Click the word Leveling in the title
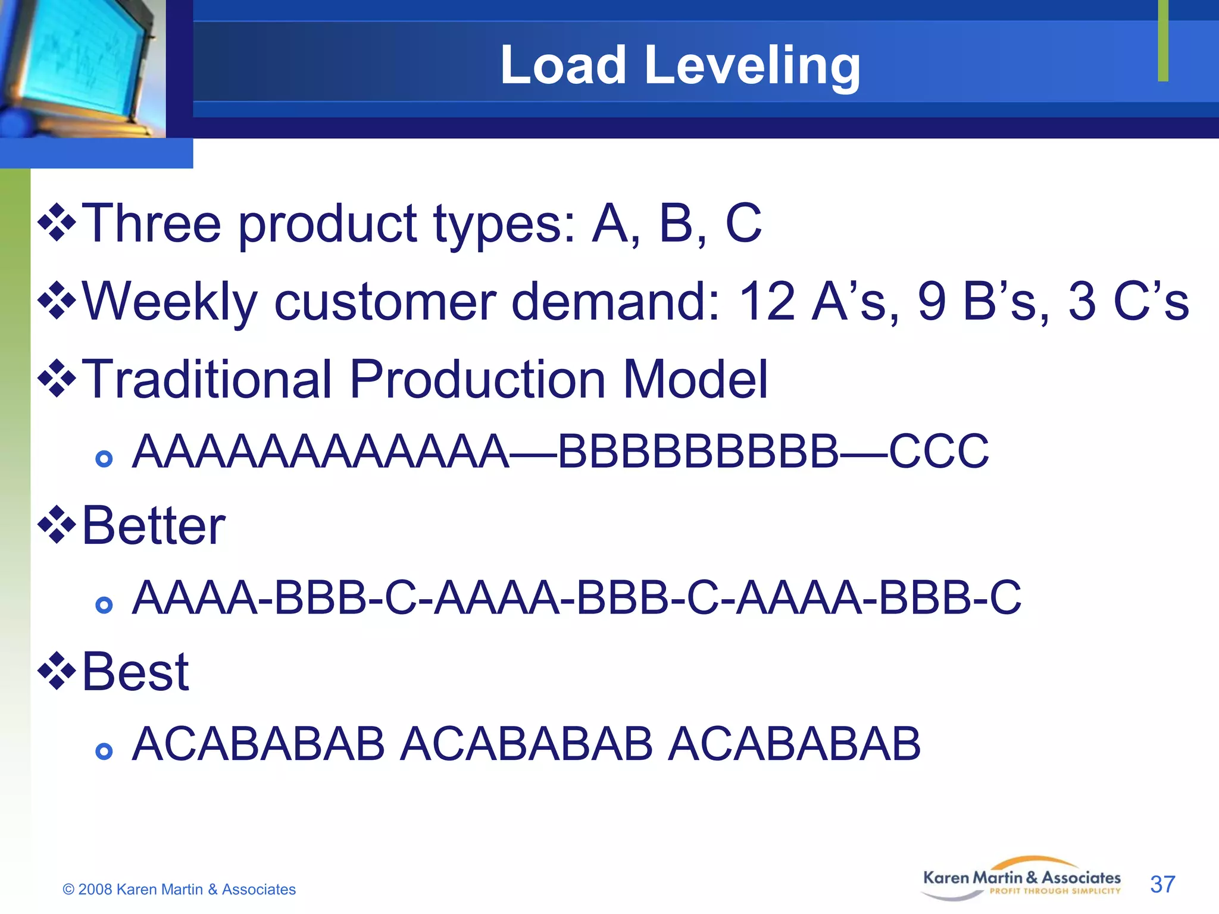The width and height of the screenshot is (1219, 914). (x=752, y=65)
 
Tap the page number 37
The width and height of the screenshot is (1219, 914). (x=1162, y=884)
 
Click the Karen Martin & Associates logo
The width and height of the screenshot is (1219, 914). (x=1021, y=879)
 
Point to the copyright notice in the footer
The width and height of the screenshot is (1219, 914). (x=179, y=889)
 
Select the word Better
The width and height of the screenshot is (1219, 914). (x=154, y=525)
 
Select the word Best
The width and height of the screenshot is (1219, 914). (x=136, y=672)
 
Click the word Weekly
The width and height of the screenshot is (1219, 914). (x=170, y=302)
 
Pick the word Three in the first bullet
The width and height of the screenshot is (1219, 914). (x=151, y=223)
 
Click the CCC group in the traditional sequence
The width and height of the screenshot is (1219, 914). (x=939, y=452)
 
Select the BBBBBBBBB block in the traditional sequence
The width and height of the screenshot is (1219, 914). (x=698, y=452)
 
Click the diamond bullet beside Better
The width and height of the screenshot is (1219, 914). (x=57, y=525)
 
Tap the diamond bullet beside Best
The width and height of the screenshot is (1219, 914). (x=57, y=671)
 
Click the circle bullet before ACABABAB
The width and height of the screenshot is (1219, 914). (x=104, y=751)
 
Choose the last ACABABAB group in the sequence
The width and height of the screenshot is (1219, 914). (x=794, y=744)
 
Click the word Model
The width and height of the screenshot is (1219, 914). (x=695, y=379)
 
